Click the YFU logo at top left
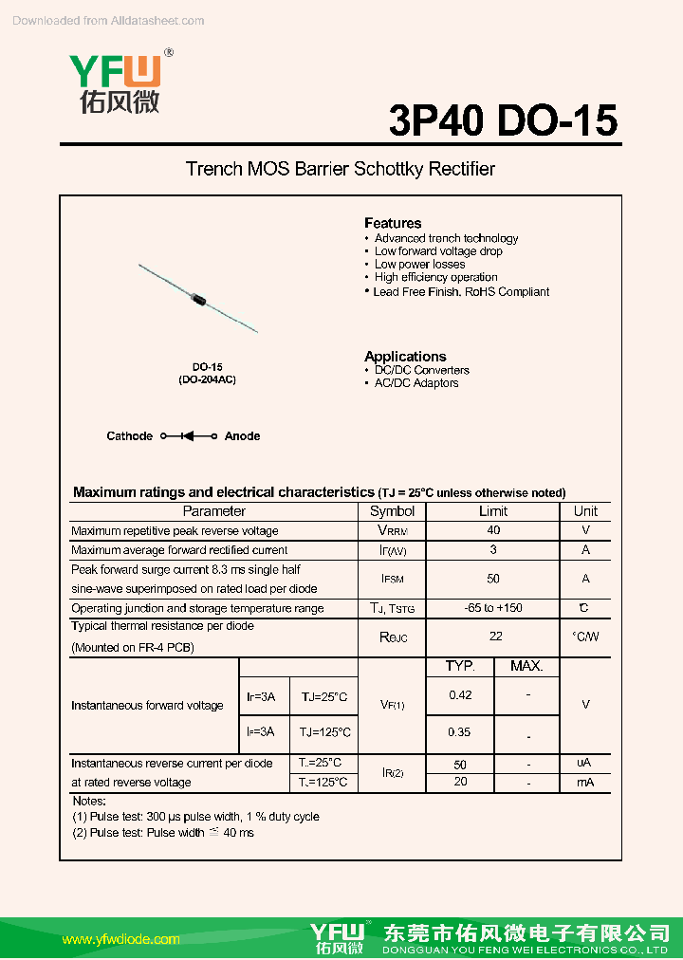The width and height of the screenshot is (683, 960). click(115, 83)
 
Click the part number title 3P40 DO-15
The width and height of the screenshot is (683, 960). click(503, 120)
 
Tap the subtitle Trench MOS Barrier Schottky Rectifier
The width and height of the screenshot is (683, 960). click(341, 170)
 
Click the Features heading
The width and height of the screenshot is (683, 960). click(393, 223)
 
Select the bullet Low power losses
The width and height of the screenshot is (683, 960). click(419, 265)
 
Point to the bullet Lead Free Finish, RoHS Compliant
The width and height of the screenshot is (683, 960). click(461, 292)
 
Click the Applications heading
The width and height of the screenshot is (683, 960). click(405, 357)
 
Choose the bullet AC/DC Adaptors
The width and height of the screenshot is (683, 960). click(416, 383)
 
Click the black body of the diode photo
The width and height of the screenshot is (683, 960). click(199, 299)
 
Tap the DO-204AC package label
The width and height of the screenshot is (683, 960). click(207, 379)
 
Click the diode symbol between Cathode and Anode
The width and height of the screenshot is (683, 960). click(188, 436)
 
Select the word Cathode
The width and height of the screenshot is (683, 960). click(129, 436)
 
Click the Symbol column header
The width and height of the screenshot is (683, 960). click(392, 511)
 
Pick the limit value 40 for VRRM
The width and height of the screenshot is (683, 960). click(493, 531)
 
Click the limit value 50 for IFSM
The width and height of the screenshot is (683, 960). click(493, 579)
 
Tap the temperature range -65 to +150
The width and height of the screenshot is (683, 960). click(493, 608)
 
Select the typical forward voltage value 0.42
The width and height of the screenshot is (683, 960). click(460, 695)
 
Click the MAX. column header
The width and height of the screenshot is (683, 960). click(526, 667)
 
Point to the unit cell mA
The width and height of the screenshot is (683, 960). click(585, 783)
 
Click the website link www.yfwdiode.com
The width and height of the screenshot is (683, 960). click(120, 939)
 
